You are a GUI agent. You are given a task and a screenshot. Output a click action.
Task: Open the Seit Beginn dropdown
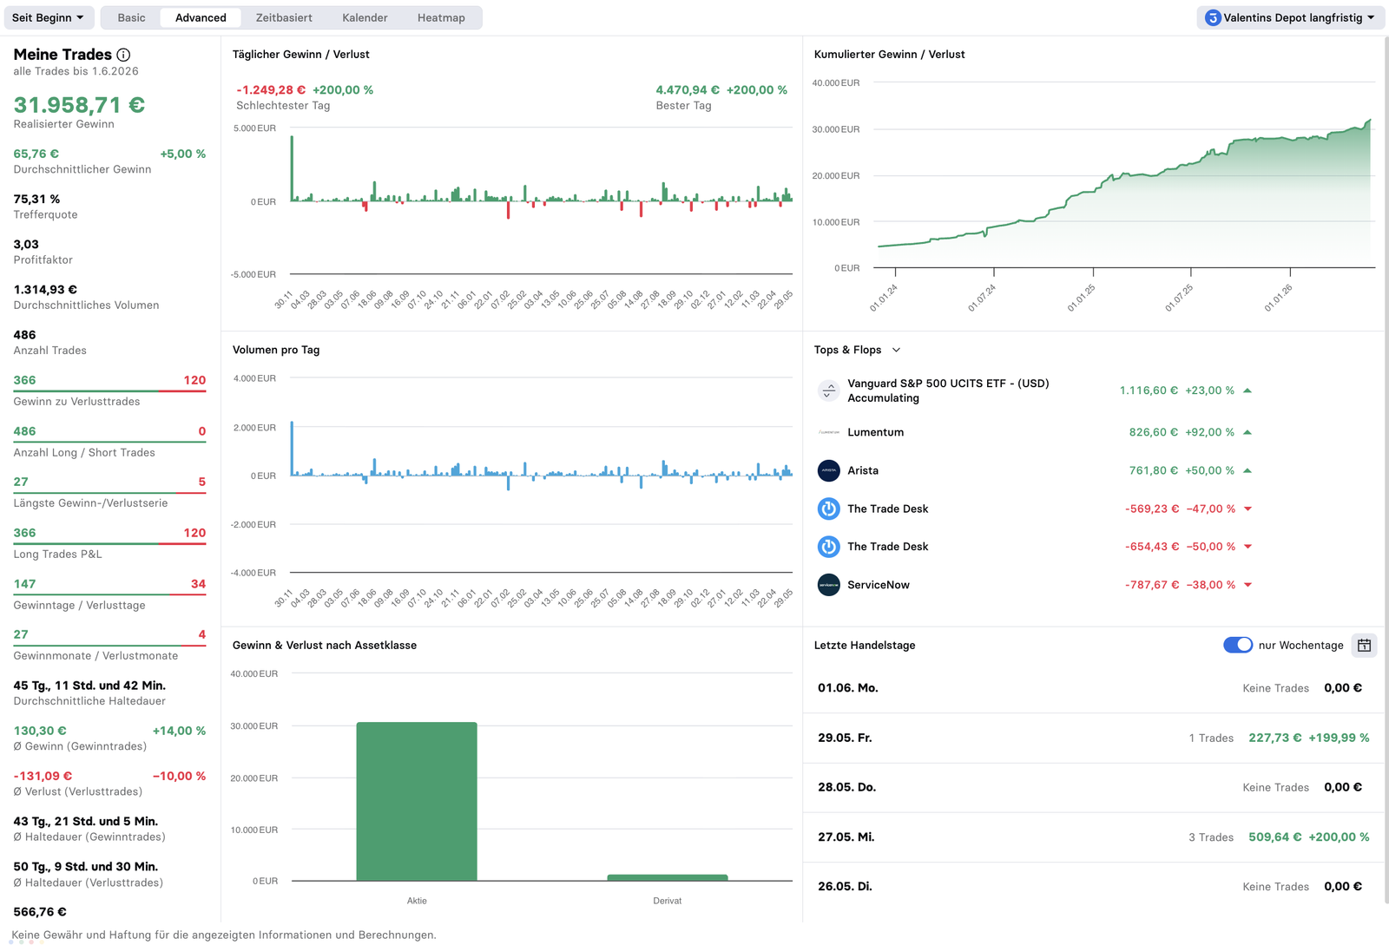[x=49, y=17]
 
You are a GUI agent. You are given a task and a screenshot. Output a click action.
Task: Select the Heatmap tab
[x=441, y=17]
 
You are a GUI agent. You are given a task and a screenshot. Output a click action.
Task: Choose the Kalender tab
[x=365, y=17]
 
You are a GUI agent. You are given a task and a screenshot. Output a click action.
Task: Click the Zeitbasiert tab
[x=284, y=17]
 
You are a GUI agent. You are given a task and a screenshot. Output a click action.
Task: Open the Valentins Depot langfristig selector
[x=1290, y=17]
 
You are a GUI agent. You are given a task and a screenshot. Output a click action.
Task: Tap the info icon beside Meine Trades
[x=123, y=55]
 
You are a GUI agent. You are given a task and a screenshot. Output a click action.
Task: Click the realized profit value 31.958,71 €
[x=79, y=105]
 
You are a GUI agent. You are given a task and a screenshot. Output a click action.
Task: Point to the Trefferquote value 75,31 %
[x=36, y=199]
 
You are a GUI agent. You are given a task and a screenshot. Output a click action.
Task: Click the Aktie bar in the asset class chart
[x=417, y=801]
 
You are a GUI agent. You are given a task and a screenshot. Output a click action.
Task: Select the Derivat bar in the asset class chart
[x=668, y=877]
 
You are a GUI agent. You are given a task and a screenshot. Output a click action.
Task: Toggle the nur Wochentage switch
[x=1238, y=645]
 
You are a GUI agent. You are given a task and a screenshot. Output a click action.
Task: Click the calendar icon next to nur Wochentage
[x=1364, y=645]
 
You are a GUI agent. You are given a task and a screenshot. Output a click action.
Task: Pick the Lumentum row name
[x=876, y=432]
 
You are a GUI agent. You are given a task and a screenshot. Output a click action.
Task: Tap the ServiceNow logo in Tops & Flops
[x=828, y=584]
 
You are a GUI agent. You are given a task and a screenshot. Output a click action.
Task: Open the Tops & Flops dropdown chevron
[x=896, y=350]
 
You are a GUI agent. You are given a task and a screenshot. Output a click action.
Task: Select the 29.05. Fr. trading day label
[x=845, y=738]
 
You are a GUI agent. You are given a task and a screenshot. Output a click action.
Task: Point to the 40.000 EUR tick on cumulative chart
[x=836, y=82]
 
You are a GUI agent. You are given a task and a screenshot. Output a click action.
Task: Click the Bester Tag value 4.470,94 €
[x=688, y=90]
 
